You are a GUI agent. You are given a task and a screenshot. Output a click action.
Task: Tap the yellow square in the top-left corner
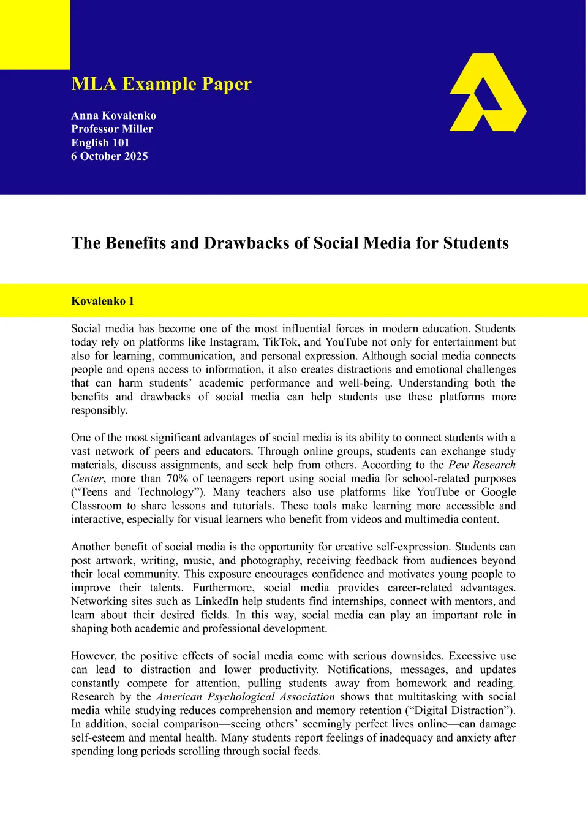[x=35, y=34]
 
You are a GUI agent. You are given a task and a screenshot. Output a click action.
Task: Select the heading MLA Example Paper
[x=161, y=84]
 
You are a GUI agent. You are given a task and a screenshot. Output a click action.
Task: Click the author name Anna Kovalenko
[x=113, y=115]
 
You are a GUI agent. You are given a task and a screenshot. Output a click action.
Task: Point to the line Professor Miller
[x=112, y=129]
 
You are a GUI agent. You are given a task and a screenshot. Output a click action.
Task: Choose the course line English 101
[x=100, y=143]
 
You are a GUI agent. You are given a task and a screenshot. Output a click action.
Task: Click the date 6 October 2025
[x=110, y=156]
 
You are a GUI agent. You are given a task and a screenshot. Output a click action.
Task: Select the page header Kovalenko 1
[x=102, y=301]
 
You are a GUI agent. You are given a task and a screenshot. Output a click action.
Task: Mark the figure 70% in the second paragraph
[x=177, y=479]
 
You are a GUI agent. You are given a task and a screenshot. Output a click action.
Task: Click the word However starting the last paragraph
[x=94, y=656]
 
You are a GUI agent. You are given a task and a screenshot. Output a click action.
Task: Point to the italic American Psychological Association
[x=246, y=697]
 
